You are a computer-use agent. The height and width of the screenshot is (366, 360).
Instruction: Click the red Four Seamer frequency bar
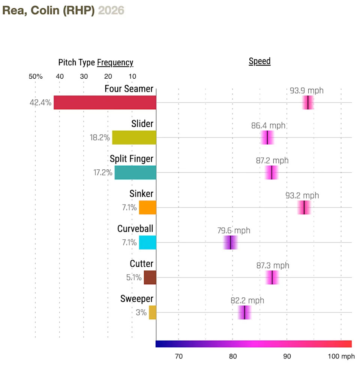[x=105, y=103]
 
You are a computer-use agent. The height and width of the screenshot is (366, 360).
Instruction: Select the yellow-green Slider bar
[x=134, y=137]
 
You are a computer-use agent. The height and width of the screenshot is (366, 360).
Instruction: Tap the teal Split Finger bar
[x=135, y=173]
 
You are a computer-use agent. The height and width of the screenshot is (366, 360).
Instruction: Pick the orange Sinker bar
[x=147, y=208]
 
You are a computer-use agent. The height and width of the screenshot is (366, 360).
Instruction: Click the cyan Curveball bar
[x=147, y=243]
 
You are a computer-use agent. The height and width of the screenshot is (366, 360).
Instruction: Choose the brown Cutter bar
[x=150, y=278]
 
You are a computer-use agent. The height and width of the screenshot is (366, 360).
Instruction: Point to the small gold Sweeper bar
[x=152, y=312]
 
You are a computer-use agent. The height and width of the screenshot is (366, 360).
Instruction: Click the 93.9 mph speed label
[x=306, y=91]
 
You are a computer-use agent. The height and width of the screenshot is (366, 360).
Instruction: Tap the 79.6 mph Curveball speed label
[x=234, y=231]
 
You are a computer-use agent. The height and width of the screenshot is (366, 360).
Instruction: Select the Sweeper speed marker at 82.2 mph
[x=244, y=312]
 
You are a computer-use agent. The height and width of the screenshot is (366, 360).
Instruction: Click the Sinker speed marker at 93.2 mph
[x=304, y=208]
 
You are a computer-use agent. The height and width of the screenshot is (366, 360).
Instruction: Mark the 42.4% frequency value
[x=40, y=103]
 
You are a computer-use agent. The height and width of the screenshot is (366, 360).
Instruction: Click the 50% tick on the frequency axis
[x=36, y=77]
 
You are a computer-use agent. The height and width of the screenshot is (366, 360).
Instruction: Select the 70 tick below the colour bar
[x=178, y=356]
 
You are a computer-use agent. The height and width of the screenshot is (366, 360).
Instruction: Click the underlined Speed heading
[x=259, y=61]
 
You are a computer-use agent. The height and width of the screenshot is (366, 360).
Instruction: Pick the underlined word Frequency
[x=115, y=63]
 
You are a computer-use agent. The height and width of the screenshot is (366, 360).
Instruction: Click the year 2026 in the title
[x=111, y=10]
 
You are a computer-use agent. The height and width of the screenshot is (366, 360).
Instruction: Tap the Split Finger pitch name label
[x=131, y=159]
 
